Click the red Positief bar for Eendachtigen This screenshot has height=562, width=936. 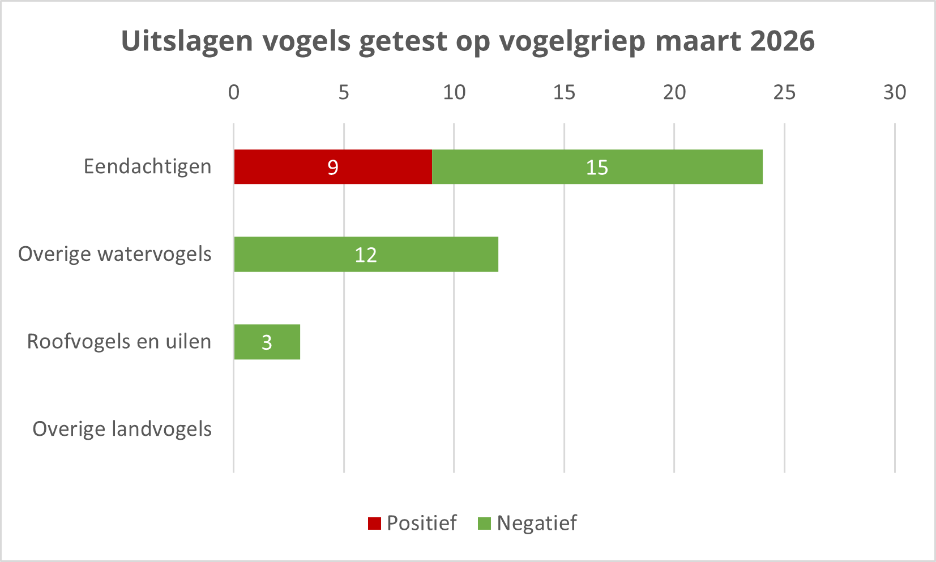pos(294,167)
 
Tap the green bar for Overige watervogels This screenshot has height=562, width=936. pos(430,254)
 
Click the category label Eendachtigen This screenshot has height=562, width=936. pos(147,166)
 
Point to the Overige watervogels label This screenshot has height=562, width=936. pos(114,254)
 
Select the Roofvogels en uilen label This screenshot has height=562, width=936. pos(119,341)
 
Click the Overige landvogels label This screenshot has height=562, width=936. pos(122,428)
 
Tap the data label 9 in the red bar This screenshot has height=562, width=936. pos(333,168)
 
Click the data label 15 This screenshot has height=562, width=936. pos(597,168)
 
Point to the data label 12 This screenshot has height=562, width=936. pos(366,255)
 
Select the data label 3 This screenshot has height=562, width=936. pos(267,342)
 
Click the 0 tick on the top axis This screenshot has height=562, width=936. pos(234,92)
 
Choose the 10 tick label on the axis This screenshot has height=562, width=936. pos(454,92)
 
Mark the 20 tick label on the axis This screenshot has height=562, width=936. pos(674,92)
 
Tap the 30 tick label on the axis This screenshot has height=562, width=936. pos(895,92)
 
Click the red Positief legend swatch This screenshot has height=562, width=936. pos(374,524)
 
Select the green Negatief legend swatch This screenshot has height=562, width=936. pos(484,524)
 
